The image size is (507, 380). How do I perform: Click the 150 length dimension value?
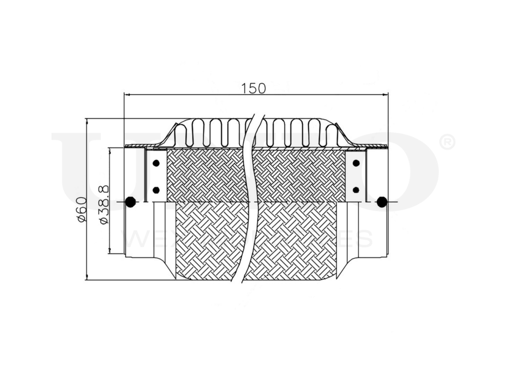point(253,88)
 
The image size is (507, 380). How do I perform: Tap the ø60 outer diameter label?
point(81,209)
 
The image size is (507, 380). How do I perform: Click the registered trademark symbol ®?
point(447,142)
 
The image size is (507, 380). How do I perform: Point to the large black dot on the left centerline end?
point(130,202)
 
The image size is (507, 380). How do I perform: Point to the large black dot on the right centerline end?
point(382,202)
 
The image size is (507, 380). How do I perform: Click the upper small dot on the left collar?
point(156,163)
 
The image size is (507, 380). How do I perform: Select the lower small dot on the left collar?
point(156,190)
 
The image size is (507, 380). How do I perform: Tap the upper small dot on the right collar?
point(356,163)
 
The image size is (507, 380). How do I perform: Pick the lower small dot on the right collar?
point(356,190)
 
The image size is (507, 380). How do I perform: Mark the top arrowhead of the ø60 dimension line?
point(87,122)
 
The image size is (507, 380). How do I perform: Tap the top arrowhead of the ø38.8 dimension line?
point(110,150)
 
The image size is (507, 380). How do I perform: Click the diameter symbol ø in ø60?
point(81,218)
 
